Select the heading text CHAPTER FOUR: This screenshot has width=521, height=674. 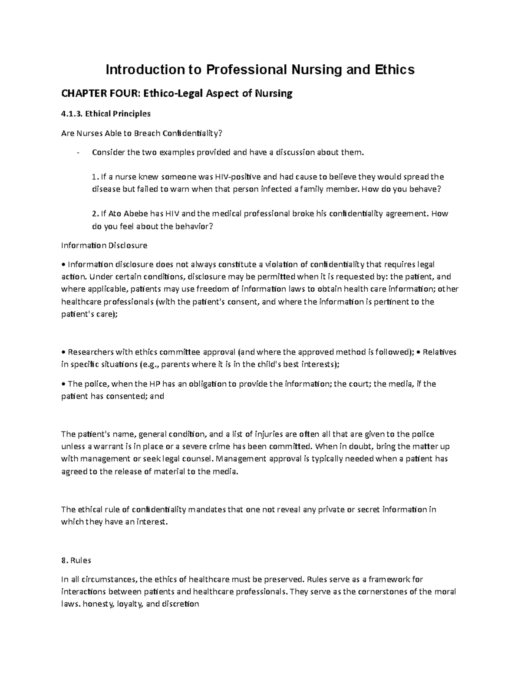pyautogui.click(x=89, y=93)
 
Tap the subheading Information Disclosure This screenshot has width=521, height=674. pyautogui.click(x=104, y=245)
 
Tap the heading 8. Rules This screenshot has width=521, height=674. pyautogui.click(x=76, y=560)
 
